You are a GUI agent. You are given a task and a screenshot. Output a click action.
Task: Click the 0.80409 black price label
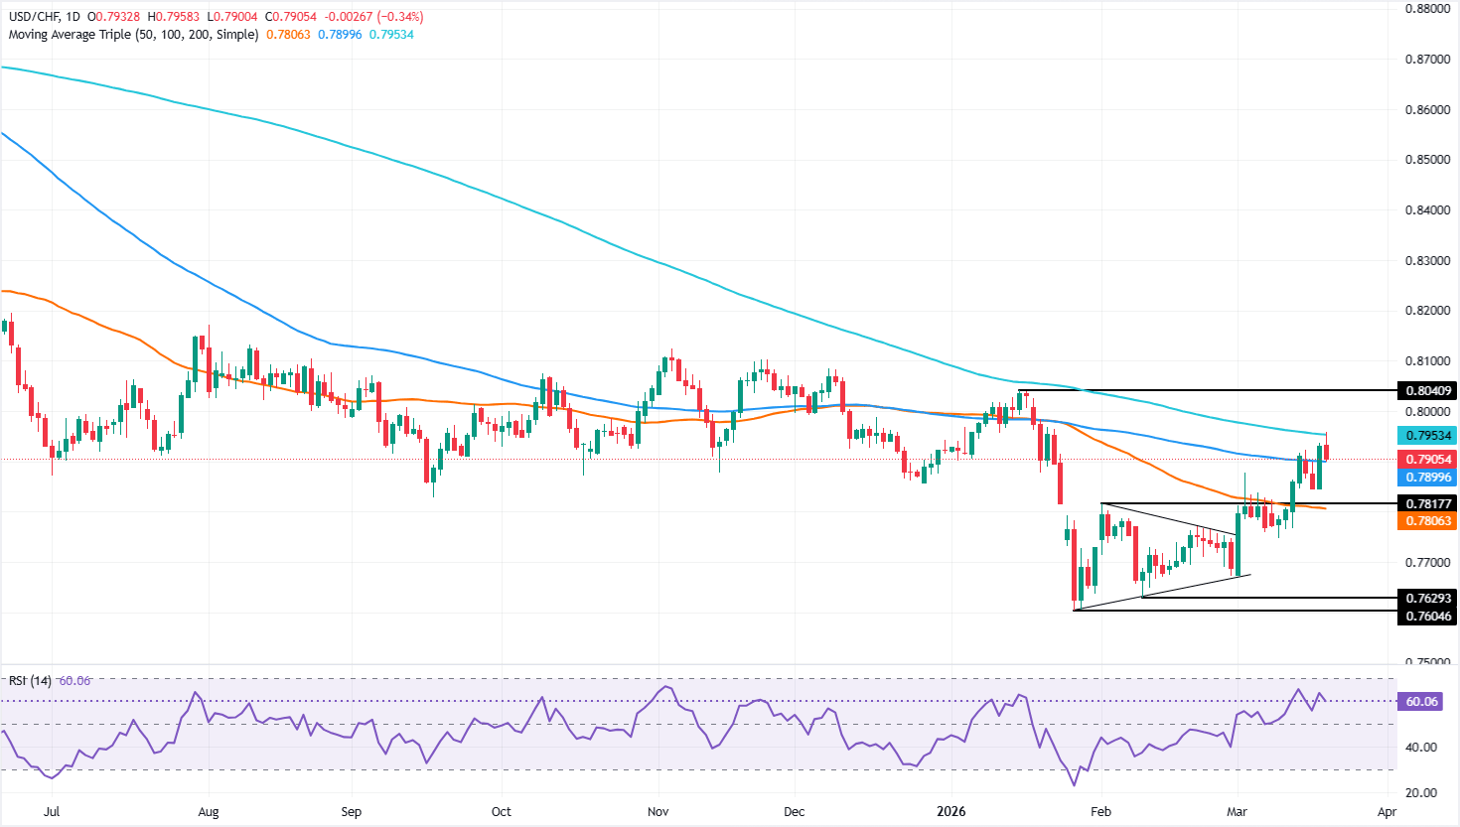(x=1427, y=391)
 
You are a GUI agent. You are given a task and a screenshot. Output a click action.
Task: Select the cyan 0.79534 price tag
(x=1427, y=435)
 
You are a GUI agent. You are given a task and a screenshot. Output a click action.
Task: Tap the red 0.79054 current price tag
(x=1427, y=460)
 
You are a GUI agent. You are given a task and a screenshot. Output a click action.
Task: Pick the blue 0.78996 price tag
(x=1427, y=478)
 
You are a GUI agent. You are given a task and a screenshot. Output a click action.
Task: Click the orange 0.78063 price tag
(x=1427, y=521)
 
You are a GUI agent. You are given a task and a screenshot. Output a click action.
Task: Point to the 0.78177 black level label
(x=1427, y=504)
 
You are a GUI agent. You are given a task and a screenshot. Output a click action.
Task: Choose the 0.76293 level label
(x=1427, y=599)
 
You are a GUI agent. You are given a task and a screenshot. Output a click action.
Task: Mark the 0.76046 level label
(x=1427, y=617)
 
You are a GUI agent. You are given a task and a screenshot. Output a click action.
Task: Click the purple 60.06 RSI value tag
(x=1422, y=702)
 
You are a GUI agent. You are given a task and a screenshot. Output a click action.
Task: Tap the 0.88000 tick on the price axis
(x=1428, y=8)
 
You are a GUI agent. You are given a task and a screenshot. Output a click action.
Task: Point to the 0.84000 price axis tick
(x=1428, y=209)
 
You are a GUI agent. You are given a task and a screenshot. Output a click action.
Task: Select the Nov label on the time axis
(x=658, y=811)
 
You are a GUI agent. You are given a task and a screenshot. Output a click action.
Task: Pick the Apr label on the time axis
(x=1387, y=811)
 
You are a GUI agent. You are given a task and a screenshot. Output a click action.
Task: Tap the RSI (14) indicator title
(x=30, y=681)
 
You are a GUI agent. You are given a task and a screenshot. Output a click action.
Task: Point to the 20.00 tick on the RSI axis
(x=1422, y=792)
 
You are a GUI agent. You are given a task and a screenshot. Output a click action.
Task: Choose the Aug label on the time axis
(x=209, y=811)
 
